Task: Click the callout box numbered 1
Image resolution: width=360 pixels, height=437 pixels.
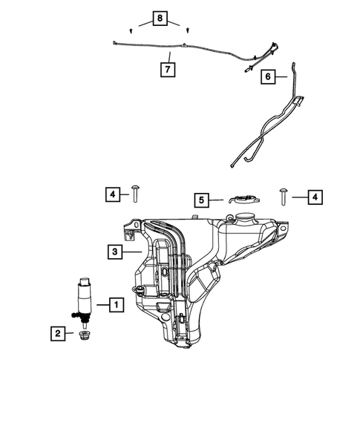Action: [x=117, y=303]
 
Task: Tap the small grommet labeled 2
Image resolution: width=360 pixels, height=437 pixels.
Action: [x=84, y=337]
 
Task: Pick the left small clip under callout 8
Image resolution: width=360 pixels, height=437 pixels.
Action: [x=131, y=30]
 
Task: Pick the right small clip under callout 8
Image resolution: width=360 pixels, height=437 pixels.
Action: [x=188, y=30]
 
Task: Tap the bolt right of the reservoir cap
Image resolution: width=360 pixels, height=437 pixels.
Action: [x=286, y=196]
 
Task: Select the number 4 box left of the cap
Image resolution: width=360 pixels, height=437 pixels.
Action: [x=111, y=194]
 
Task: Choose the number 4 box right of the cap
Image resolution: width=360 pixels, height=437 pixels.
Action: [x=315, y=197]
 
